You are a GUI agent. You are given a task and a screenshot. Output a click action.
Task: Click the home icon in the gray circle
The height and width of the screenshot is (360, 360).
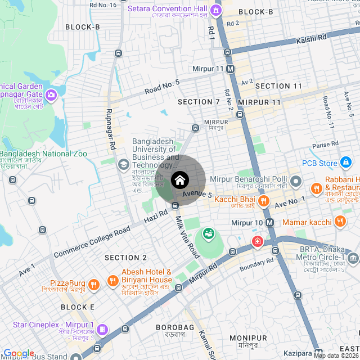click(x=179, y=181)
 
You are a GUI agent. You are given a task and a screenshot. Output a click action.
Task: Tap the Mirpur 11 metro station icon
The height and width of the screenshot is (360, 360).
click(x=231, y=69)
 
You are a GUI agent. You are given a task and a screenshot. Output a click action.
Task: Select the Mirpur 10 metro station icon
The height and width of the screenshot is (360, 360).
click(x=270, y=222)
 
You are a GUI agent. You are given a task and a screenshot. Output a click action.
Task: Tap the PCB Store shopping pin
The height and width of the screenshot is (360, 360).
click(x=346, y=163)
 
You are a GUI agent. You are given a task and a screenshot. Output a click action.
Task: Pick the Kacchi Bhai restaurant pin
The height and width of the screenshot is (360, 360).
click(x=263, y=200)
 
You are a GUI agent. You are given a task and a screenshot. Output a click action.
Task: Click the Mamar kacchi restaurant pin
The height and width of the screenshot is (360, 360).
click(x=339, y=222)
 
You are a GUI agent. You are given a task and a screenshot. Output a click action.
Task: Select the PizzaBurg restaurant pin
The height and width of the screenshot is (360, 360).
click(x=94, y=284)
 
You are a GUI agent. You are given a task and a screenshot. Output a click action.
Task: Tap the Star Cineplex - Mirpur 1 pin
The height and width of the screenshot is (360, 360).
click(x=102, y=329)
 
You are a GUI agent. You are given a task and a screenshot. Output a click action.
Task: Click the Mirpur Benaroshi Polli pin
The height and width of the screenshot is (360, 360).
click(x=297, y=183)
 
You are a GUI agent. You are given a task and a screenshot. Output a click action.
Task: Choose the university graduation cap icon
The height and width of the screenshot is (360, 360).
click(x=123, y=165)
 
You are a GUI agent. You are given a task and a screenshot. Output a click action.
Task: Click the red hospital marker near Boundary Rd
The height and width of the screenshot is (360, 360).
click(x=257, y=242)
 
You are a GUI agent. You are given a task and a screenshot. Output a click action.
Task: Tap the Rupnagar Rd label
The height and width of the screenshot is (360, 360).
click(x=110, y=129)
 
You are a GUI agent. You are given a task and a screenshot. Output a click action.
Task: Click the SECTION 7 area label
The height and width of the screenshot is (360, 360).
click(x=199, y=102)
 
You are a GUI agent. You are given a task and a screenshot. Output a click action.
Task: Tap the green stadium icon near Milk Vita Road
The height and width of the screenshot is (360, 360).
click(x=208, y=232)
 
